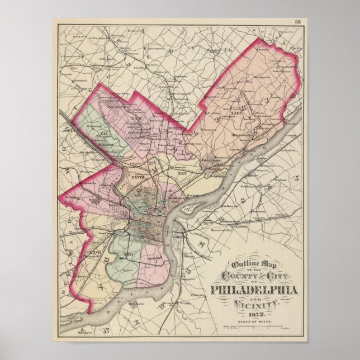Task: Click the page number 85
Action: click(x=297, y=21)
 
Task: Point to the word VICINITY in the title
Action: click(x=256, y=304)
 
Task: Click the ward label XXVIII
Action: click(x=138, y=178)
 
